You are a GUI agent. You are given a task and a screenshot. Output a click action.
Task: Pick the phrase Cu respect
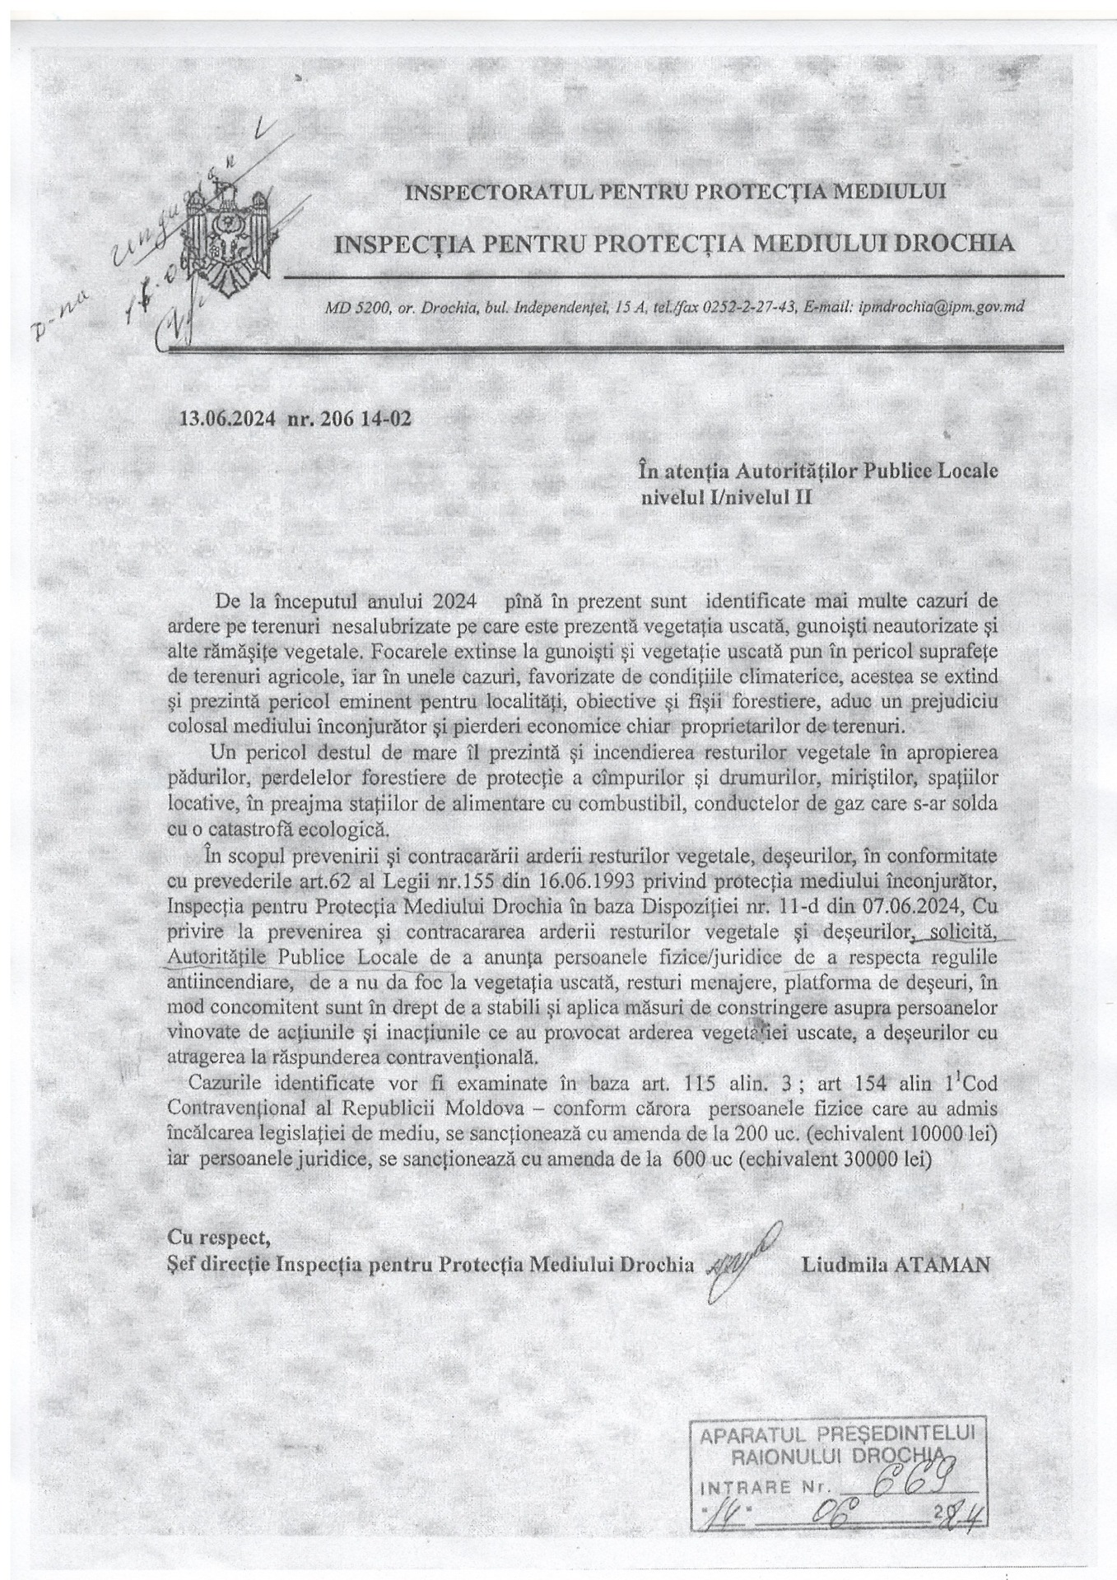click(x=219, y=1238)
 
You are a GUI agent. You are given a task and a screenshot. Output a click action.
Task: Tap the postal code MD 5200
click(x=351, y=307)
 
